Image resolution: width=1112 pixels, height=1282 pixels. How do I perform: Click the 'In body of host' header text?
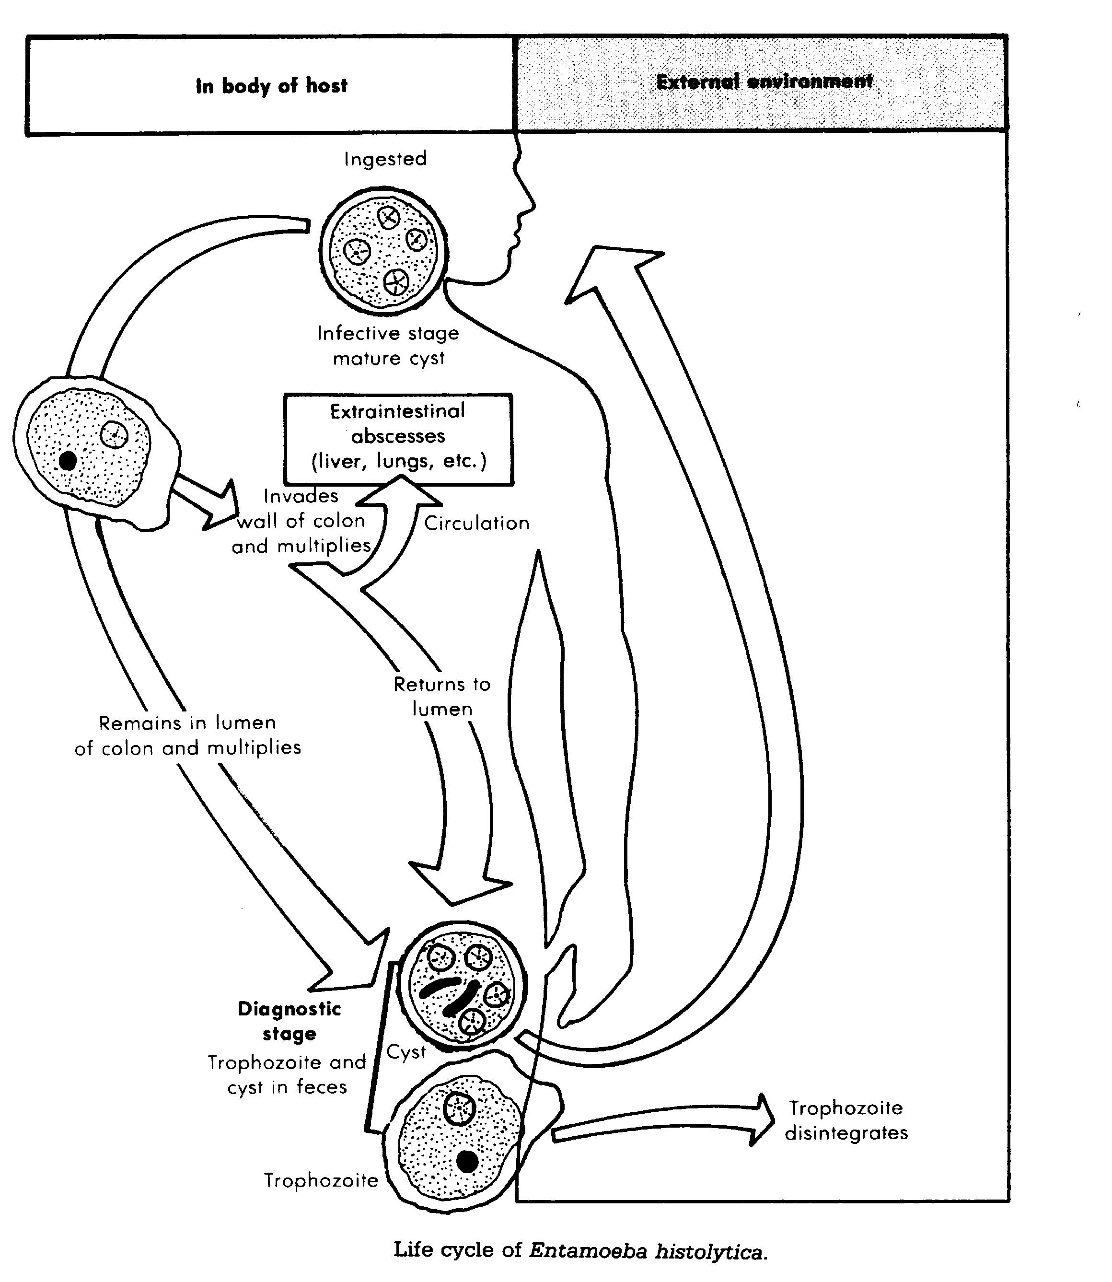pos(272,86)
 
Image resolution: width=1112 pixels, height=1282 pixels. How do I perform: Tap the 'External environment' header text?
pos(764,82)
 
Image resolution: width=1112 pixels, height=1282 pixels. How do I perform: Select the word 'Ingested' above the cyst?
pos(385,159)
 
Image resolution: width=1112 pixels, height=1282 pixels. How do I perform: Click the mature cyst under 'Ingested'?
pos(383,249)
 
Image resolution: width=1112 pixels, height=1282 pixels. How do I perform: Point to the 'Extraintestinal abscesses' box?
pos(398,439)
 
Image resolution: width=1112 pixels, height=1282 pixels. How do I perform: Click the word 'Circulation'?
pos(476,523)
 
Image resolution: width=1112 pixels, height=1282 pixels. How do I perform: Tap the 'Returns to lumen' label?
pos(442,696)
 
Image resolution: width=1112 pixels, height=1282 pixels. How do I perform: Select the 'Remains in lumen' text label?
pos(187,723)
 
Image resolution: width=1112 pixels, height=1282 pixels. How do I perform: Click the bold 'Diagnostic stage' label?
pos(289,1021)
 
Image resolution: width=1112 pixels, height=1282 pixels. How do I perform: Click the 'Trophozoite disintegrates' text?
pos(846,1120)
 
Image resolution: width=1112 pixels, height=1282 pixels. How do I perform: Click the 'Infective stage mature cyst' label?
pos(388,346)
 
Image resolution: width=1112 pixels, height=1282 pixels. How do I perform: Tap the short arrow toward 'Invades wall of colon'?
pos(205,501)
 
